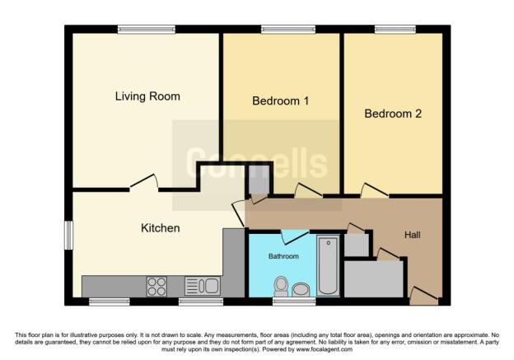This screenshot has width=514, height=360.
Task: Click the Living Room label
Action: [x=147, y=96]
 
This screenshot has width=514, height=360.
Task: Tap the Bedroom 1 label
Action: [x=279, y=101]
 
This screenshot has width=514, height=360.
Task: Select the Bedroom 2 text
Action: [x=393, y=114]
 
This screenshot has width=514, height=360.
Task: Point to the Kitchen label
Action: [x=160, y=227]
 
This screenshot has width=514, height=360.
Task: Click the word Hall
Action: [x=413, y=235]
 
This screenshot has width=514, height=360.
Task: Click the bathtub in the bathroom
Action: [x=327, y=265]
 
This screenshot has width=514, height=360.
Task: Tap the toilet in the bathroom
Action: [x=281, y=286]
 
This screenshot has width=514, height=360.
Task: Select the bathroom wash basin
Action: [x=301, y=288]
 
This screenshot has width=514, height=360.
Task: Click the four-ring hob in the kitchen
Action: [x=157, y=286]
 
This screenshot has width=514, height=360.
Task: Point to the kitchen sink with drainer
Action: [x=201, y=286]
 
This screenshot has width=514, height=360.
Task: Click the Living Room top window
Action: [x=146, y=30]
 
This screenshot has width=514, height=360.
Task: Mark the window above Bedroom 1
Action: [x=283, y=30]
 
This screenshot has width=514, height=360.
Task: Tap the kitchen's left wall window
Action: [x=69, y=234]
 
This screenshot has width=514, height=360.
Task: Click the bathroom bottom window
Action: [x=287, y=302]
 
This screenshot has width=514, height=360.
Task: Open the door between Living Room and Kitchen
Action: [x=143, y=182]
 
